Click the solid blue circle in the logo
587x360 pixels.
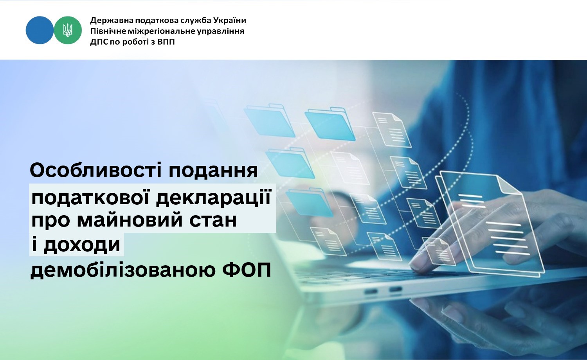(40, 30)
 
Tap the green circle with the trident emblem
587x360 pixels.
(68, 30)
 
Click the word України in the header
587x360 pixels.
(229, 20)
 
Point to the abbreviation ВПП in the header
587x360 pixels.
(166, 42)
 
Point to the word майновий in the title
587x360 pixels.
(130, 220)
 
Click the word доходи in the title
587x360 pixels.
(82, 245)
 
